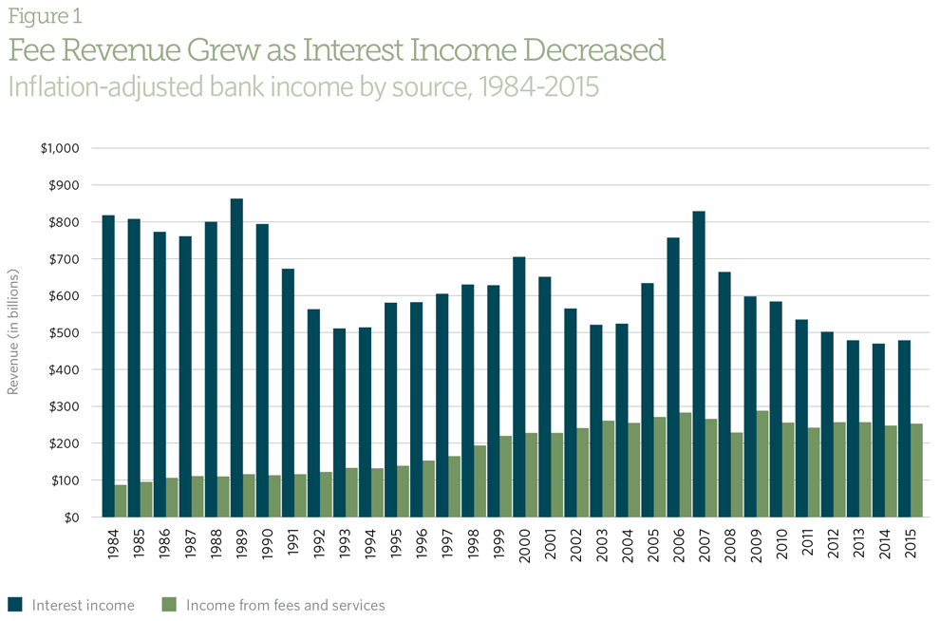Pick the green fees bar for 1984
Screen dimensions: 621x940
click(121, 500)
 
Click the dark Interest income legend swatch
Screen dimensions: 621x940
click(14, 604)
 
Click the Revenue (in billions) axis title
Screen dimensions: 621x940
click(13, 331)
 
